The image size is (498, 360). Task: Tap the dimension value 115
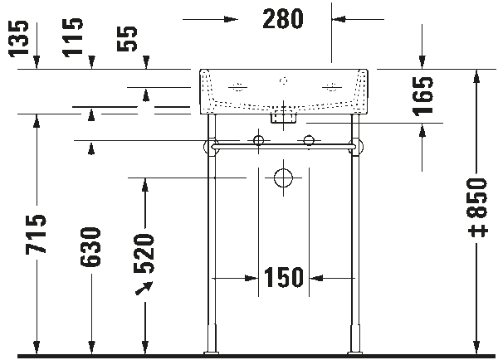tap(77, 38)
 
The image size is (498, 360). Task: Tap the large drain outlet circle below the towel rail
tap(285, 178)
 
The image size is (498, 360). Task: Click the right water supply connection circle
tap(309, 140)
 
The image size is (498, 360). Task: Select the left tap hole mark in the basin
tap(237, 85)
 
